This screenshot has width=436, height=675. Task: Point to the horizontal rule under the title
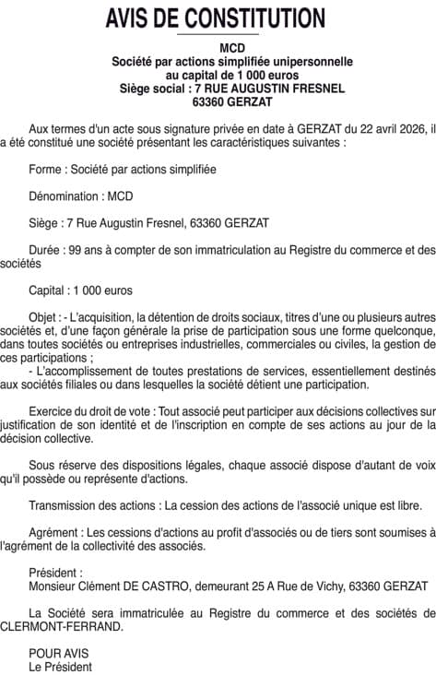click(218, 34)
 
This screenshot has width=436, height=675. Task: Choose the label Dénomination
click(65, 196)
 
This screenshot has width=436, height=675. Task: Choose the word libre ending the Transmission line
click(409, 505)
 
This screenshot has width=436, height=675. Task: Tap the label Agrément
click(54, 532)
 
